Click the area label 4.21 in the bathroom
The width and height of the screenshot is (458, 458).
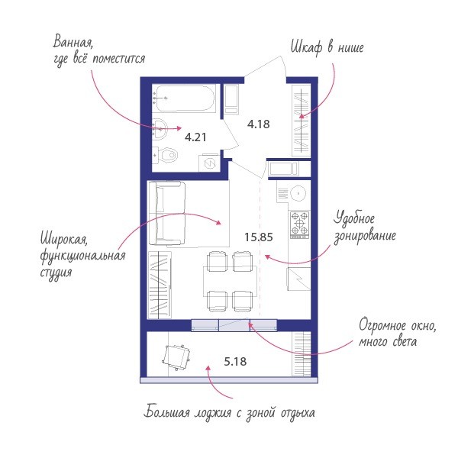(x=195, y=137)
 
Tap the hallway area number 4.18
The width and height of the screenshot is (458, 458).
(x=259, y=124)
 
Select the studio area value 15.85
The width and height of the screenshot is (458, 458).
(x=259, y=237)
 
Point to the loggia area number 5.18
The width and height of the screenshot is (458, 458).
(x=235, y=362)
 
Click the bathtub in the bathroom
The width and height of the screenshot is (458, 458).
(x=184, y=98)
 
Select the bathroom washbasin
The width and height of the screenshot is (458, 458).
(x=160, y=129)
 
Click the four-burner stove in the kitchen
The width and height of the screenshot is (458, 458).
(x=299, y=224)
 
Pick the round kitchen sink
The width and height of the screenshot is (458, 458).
(x=298, y=193)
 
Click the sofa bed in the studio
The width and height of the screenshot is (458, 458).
(x=167, y=213)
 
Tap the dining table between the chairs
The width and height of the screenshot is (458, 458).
(x=231, y=281)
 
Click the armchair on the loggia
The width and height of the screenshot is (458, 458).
(x=176, y=357)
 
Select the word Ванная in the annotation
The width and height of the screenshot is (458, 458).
(x=73, y=42)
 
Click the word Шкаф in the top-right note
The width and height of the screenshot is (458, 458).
(x=306, y=47)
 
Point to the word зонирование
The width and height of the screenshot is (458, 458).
(x=365, y=236)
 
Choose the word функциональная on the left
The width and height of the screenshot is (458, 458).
(x=82, y=256)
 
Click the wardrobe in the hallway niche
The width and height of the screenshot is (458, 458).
(x=302, y=120)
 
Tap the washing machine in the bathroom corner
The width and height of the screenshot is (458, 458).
(x=209, y=163)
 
